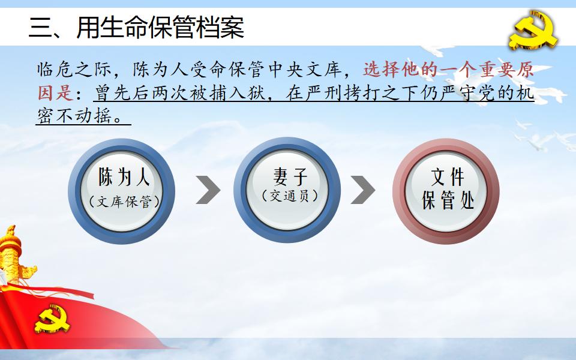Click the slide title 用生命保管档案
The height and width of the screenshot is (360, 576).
[x=160, y=27]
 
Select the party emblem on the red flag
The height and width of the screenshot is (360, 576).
[x=52, y=319]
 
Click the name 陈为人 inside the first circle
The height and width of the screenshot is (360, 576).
[x=124, y=177]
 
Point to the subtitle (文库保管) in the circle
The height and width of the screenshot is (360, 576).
[x=124, y=202]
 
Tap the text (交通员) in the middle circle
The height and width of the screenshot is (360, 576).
[x=290, y=196]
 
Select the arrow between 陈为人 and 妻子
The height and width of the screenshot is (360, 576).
[x=208, y=190]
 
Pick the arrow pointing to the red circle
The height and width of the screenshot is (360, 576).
[x=363, y=190]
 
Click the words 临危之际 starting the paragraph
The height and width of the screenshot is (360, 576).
[x=74, y=70]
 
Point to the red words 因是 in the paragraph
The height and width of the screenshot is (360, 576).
[x=55, y=92]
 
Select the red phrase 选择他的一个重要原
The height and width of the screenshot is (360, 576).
[x=449, y=70]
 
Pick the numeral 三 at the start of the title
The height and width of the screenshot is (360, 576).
[x=41, y=28]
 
